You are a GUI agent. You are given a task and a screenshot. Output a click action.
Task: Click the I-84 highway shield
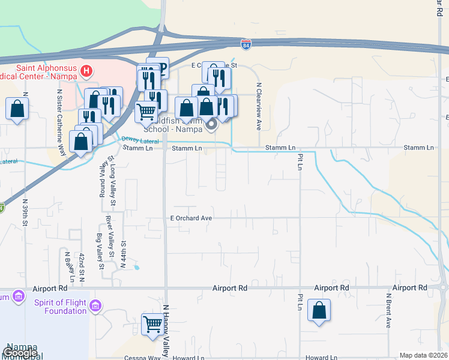point(246,44)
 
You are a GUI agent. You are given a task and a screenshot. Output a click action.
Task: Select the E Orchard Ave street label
point(191,218)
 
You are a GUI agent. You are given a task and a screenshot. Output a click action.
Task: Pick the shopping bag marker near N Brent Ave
point(319,311)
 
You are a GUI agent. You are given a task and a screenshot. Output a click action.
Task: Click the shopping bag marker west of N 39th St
point(17,109)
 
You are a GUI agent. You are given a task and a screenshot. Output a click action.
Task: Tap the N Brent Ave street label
point(388,310)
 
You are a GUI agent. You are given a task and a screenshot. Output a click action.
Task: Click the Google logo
point(19,353)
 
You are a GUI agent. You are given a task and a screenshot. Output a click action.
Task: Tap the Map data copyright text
point(423,355)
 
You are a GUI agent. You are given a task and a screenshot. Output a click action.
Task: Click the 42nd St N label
point(81,268)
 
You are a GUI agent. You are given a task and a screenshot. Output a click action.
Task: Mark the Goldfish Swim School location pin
point(211,125)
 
